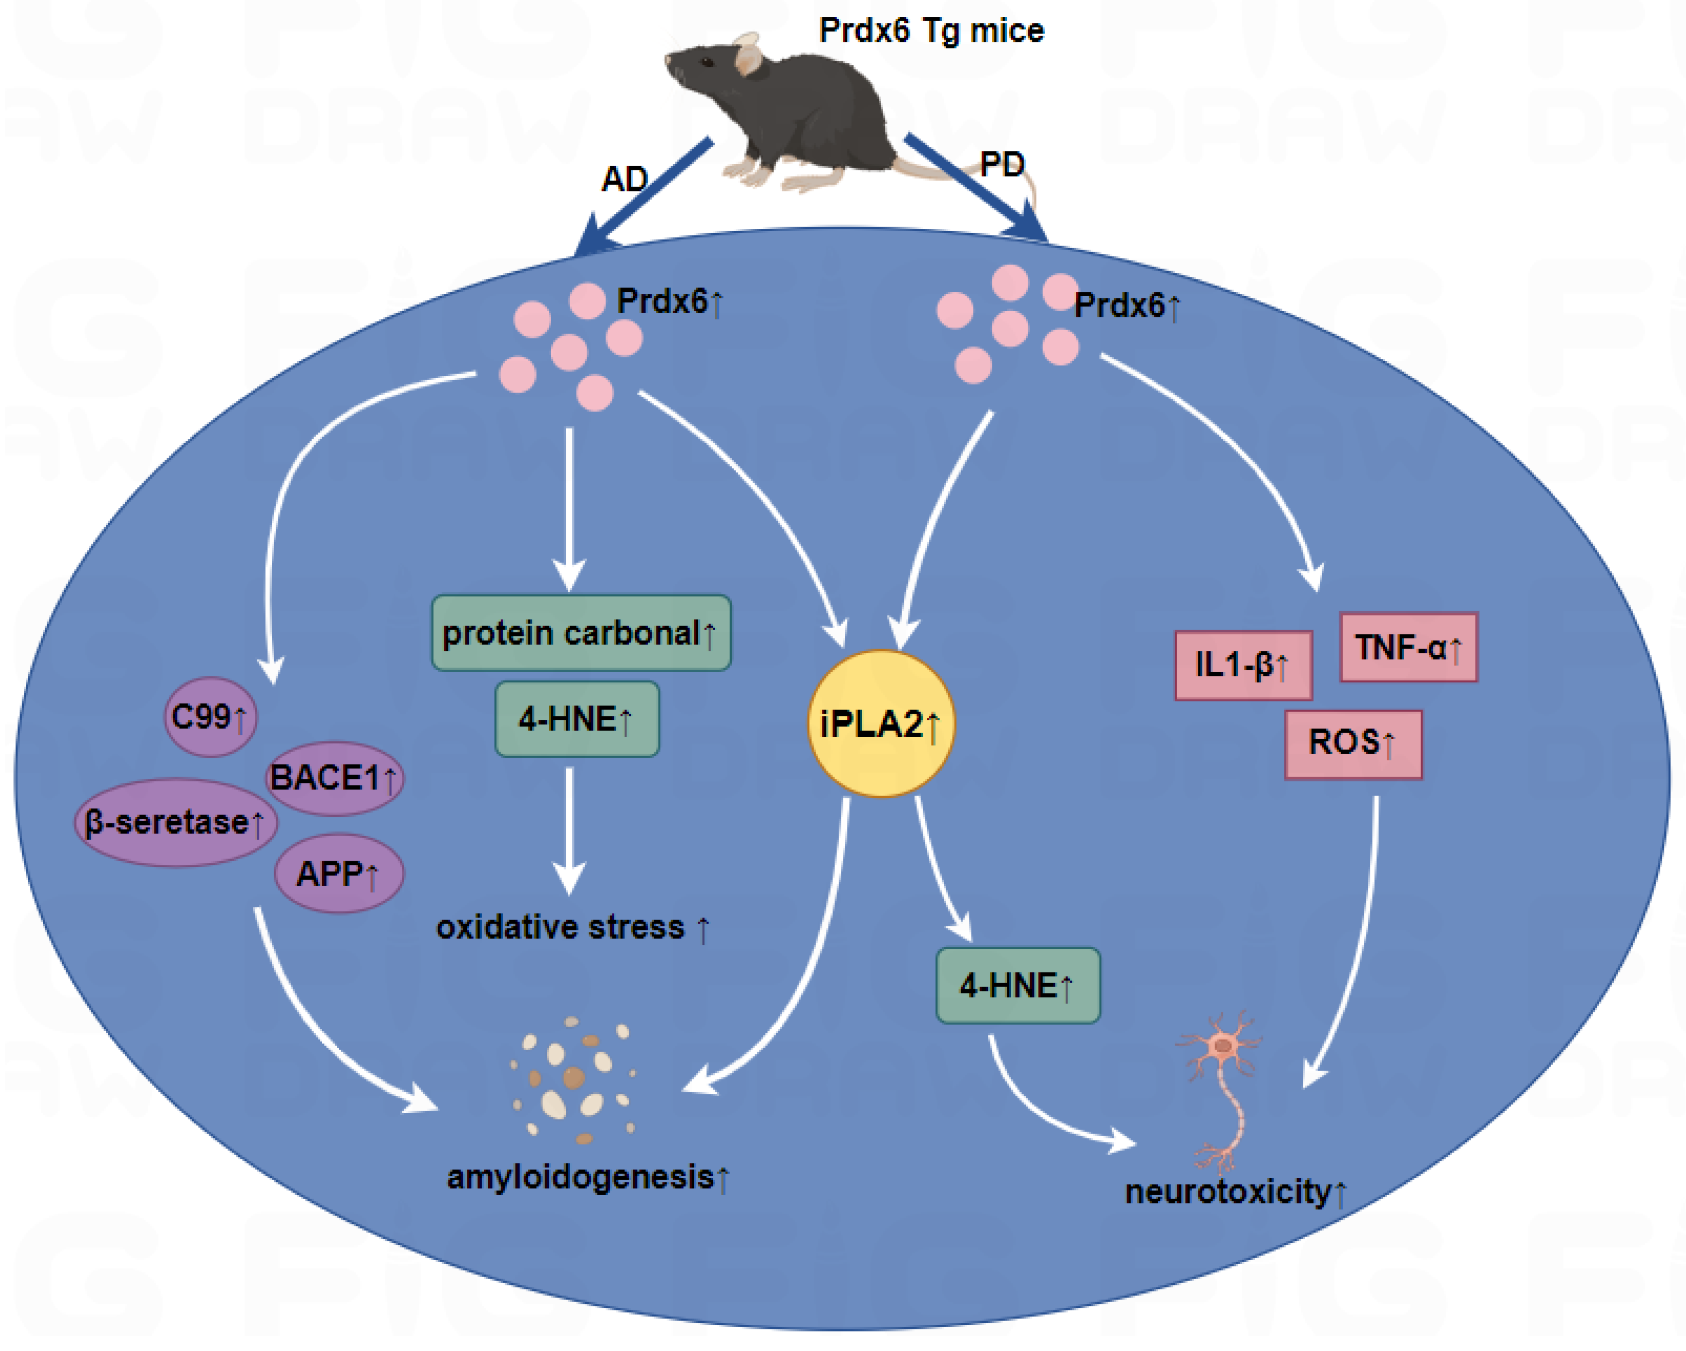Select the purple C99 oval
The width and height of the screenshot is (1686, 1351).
(x=209, y=716)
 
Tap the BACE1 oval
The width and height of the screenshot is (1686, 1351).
(x=335, y=778)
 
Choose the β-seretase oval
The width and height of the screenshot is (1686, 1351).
(x=175, y=822)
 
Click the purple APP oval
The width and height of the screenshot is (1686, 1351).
(x=339, y=873)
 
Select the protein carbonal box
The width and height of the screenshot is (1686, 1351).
(x=581, y=632)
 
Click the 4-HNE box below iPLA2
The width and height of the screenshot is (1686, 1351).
(x=1017, y=985)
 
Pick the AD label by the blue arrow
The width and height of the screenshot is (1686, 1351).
(x=623, y=180)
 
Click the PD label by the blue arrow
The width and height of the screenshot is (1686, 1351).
(x=1002, y=164)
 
